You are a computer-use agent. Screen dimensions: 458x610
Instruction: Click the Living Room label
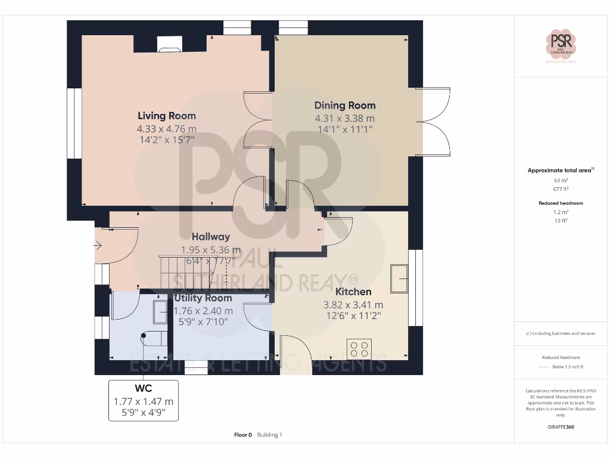pyautogui.click(x=167, y=116)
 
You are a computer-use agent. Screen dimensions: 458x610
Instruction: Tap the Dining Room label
pyautogui.click(x=345, y=105)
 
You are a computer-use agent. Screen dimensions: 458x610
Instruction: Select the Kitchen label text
pyautogui.click(x=353, y=292)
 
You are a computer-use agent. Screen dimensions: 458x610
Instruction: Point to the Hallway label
pyautogui.click(x=211, y=237)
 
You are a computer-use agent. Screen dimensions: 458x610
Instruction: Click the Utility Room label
pyautogui.click(x=203, y=298)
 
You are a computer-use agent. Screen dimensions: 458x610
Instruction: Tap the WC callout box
pyautogui.click(x=144, y=400)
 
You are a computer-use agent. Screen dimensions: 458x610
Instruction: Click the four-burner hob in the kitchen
pyautogui.click(x=359, y=349)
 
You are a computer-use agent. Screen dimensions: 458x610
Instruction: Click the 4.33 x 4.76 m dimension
pyautogui.click(x=167, y=129)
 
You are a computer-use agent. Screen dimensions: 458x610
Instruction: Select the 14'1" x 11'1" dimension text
pyautogui.click(x=345, y=129)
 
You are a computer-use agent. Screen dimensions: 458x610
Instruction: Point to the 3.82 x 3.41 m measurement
pyautogui.click(x=353, y=305)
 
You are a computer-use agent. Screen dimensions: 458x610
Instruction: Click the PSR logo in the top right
pyautogui.click(x=561, y=45)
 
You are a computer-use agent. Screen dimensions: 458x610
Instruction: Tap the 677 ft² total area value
pyautogui.click(x=561, y=188)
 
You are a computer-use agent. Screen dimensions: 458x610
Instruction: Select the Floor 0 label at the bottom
pyautogui.click(x=243, y=435)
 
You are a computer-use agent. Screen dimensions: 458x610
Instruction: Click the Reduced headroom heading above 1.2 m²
pyautogui.click(x=561, y=203)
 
